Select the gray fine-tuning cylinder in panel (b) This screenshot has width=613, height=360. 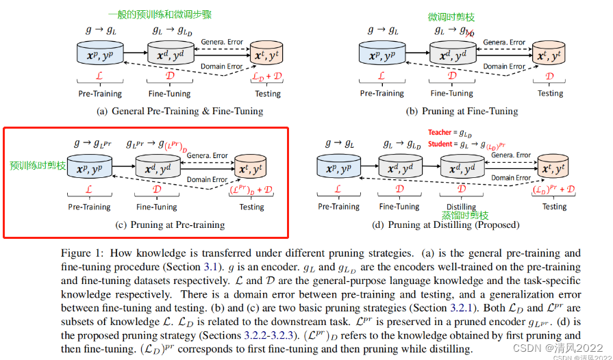(x=452, y=54)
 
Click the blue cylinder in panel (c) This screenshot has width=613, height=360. (x=90, y=168)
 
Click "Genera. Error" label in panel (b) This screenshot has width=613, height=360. (x=503, y=42)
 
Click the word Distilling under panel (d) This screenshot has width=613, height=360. (x=461, y=207)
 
